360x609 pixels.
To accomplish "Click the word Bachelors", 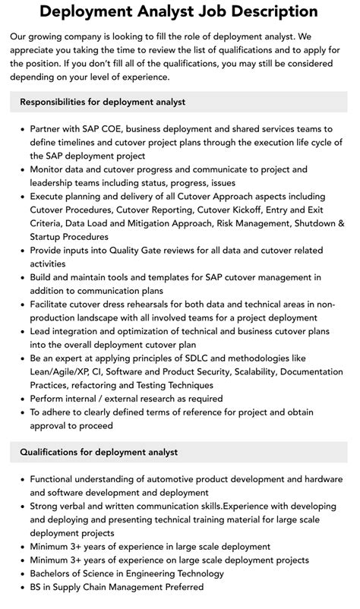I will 55,573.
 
